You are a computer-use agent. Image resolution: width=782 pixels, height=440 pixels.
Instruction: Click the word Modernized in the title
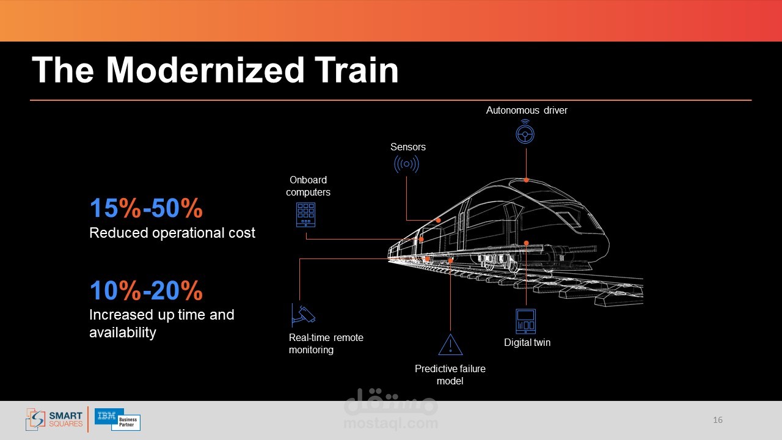pyautogui.click(x=205, y=70)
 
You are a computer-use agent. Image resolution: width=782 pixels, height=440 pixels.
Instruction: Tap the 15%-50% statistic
pyautogui.click(x=146, y=208)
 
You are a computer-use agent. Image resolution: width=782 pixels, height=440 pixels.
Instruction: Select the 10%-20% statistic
pyautogui.click(x=146, y=290)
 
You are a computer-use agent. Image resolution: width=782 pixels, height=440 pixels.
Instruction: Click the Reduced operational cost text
pyautogui.click(x=172, y=233)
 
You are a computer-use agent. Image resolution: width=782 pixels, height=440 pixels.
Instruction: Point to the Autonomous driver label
pyautogui.click(x=527, y=111)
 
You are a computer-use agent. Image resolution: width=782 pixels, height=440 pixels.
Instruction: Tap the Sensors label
pyautogui.click(x=407, y=147)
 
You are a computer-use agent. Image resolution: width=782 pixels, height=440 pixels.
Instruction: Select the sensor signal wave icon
pyautogui.click(x=406, y=164)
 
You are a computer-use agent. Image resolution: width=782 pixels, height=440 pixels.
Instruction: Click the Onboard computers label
pyautogui.click(x=308, y=186)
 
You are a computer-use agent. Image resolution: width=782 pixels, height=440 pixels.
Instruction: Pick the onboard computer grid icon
pyautogui.click(x=305, y=215)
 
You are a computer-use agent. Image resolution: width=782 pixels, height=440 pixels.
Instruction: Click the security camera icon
pyautogui.click(x=304, y=315)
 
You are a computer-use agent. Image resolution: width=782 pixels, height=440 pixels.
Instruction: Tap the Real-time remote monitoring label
pyautogui.click(x=326, y=343)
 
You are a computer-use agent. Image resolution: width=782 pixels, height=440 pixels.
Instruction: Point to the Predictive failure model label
pyautogui.click(x=450, y=375)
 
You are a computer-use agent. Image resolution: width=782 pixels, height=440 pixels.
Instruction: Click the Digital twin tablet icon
pyautogui.click(x=525, y=321)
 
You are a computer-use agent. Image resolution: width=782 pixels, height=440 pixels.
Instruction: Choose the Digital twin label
pyautogui.click(x=527, y=343)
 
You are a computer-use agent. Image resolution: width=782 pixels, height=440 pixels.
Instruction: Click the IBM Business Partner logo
pyautogui.click(x=118, y=419)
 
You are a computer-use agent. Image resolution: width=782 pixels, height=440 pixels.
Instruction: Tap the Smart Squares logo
pyautogui.click(x=54, y=419)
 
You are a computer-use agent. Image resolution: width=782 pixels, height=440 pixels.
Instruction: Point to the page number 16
pyautogui.click(x=718, y=420)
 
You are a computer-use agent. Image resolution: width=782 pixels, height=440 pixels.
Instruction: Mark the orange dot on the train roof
pyautogui.click(x=526, y=180)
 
